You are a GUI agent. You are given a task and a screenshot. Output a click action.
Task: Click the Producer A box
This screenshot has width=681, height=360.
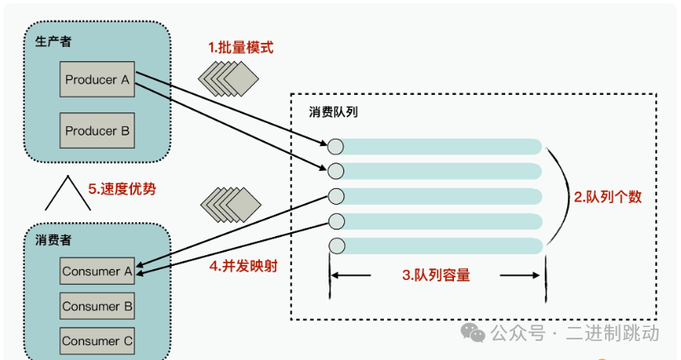pyautogui.click(x=97, y=79)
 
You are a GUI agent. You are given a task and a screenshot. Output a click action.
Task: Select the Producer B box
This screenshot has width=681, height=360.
pyautogui.click(x=97, y=130)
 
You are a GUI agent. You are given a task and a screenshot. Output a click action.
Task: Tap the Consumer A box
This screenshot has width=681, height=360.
pyautogui.click(x=97, y=271)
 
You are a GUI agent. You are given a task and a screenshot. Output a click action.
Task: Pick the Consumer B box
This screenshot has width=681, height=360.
pyautogui.click(x=97, y=306)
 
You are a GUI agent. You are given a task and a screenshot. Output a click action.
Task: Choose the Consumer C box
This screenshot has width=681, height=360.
pyautogui.click(x=97, y=341)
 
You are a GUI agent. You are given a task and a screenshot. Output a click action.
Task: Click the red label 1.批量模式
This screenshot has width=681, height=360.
pyautogui.click(x=240, y=47)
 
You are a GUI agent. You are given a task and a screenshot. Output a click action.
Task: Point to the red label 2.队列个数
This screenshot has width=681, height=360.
pyautogui.click(x=608, y=197)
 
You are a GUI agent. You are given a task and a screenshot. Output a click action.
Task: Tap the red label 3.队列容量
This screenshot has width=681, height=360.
pyautogui.click(x=436, y=275)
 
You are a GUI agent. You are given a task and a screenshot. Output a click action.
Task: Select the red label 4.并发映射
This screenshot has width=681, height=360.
pyautogui.click(x=244, y=266)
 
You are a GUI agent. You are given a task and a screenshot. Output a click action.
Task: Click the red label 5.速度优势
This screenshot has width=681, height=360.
pyautogui.click(x=122, y=189)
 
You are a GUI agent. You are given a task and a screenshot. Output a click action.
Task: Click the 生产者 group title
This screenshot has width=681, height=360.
pyautogui.click(x=53, y=41)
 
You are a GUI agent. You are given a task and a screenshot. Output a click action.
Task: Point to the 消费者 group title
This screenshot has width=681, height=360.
pyautogui.click(x=53, y=239)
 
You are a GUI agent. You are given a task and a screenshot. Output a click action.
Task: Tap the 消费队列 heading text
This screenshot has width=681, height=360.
pyautogui.click(x=333, y=111)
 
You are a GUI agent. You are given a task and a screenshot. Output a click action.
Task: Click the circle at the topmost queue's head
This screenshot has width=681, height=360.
pyautogui.click(x=335, y=147)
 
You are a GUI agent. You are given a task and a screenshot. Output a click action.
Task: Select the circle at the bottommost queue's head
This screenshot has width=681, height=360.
pyautogui.click(x=337, y=246)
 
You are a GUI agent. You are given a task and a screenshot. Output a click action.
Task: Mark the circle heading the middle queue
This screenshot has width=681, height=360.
pyautogui.click(x=336, y=197)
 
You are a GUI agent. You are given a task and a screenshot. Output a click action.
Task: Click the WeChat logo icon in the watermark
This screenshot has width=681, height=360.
pyautogui.click(x=473, y=333)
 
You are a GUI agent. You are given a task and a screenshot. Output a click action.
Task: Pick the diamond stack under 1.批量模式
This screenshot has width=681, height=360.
pyautogui.click(x=229, y=78)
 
